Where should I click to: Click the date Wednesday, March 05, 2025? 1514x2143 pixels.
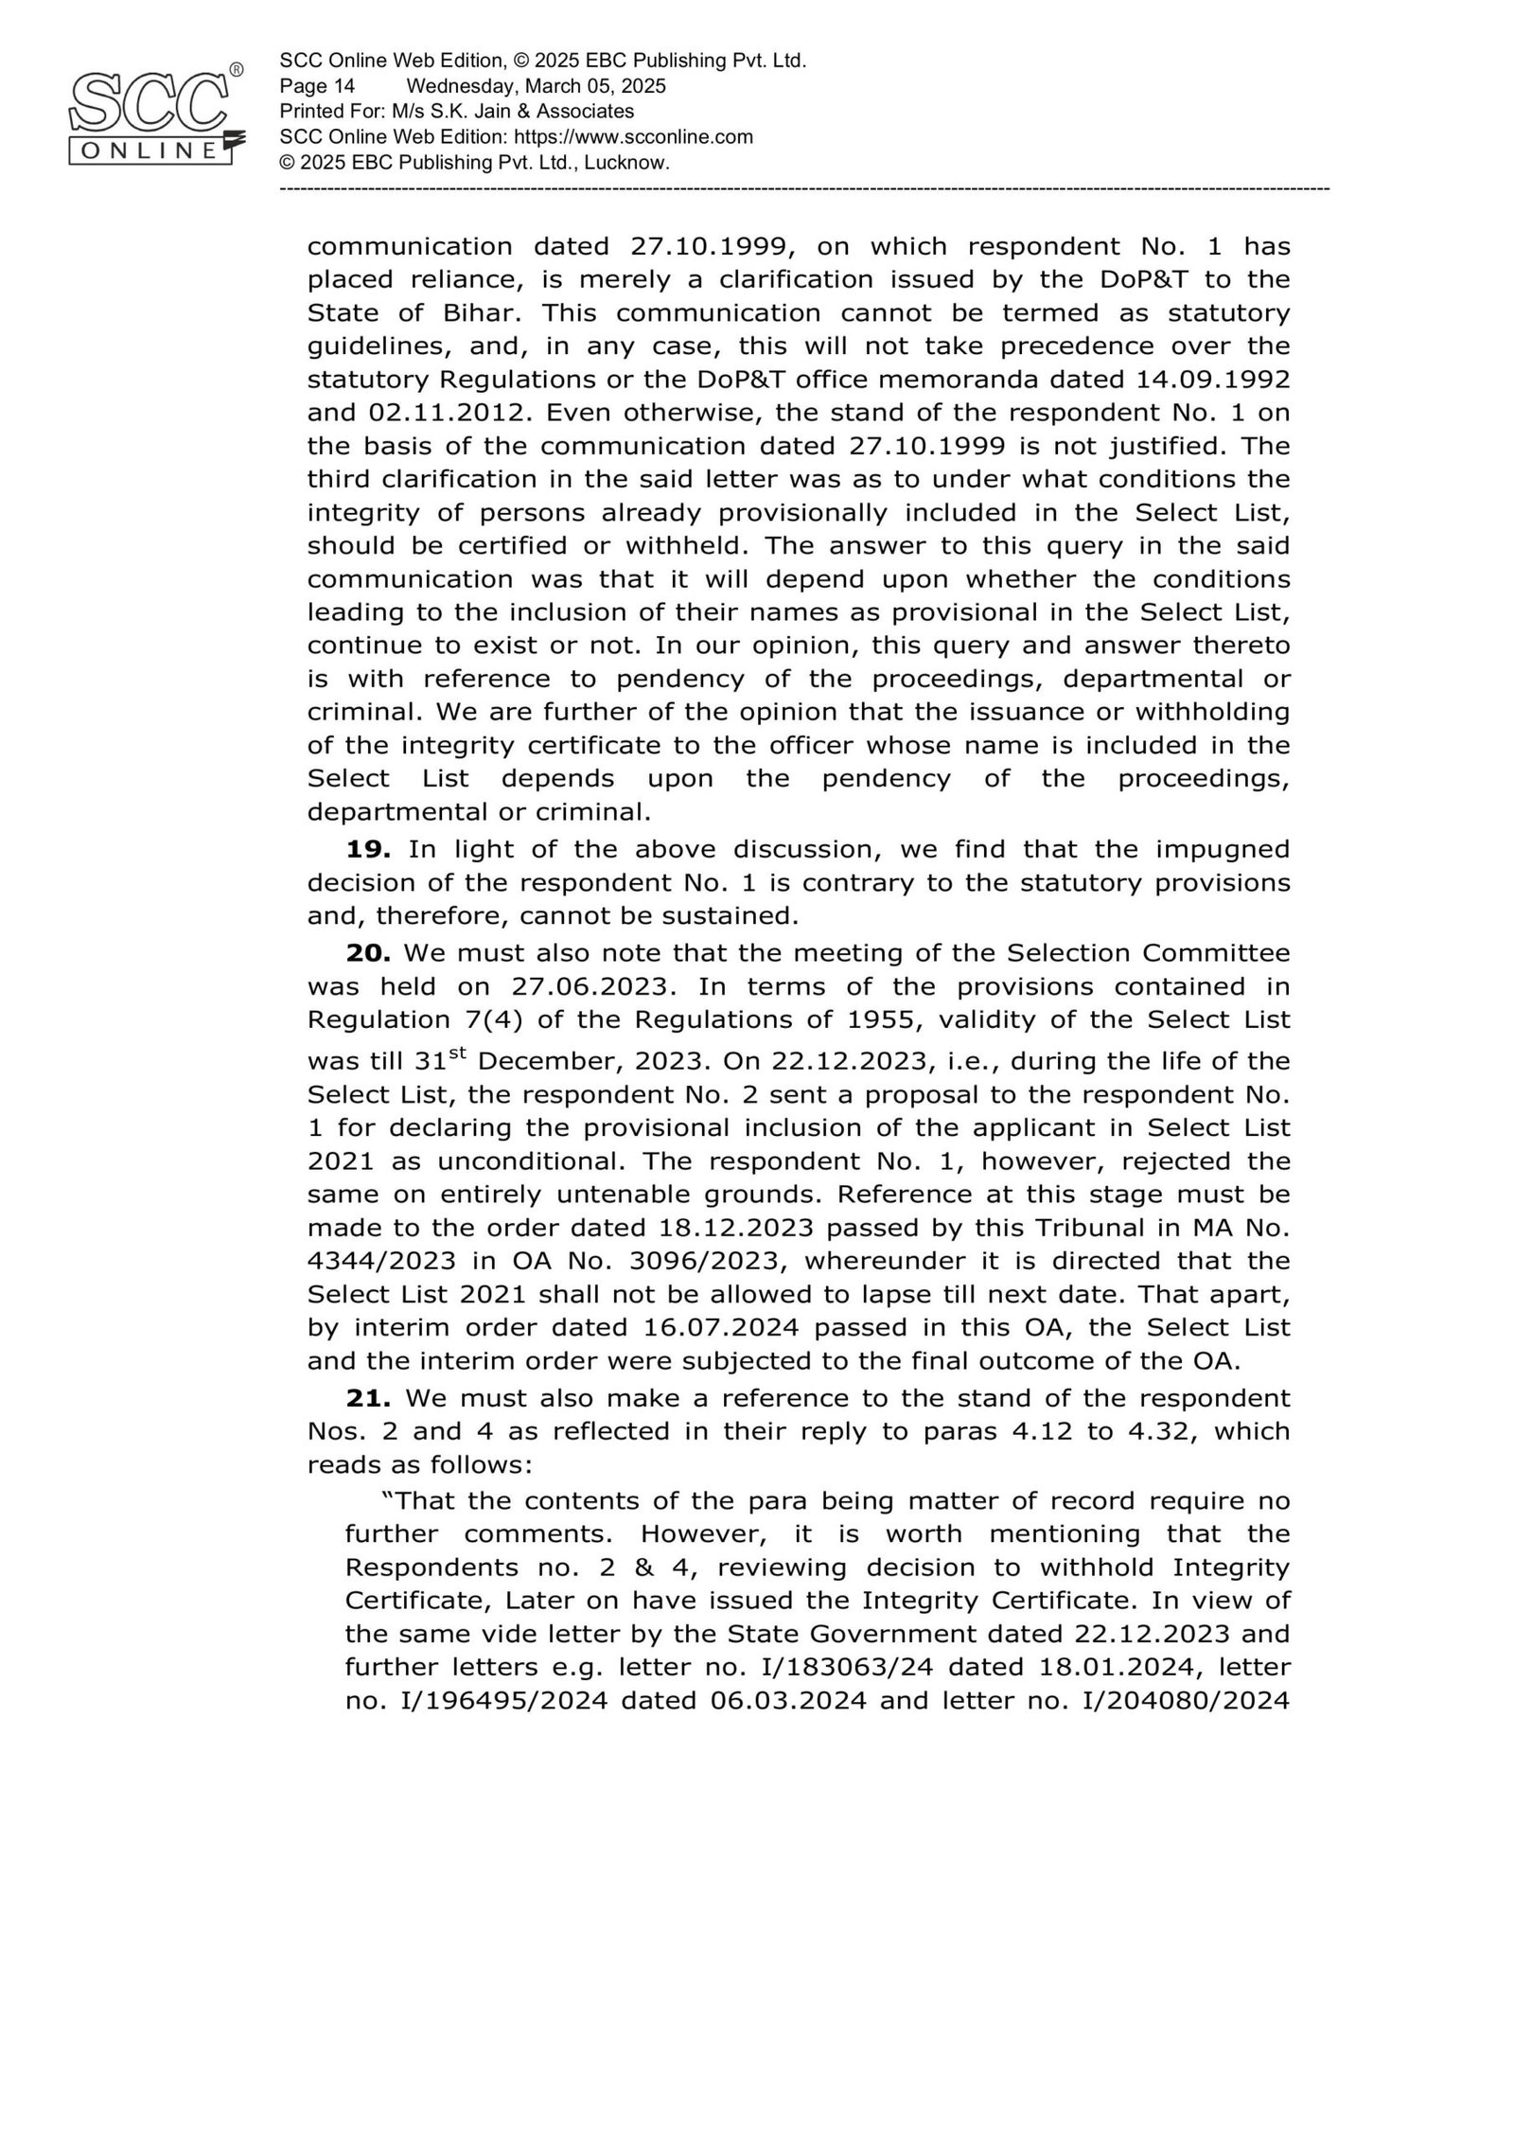[537, 86]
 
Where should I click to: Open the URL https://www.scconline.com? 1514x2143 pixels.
[633, 136]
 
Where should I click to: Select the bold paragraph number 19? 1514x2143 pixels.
[369, 849]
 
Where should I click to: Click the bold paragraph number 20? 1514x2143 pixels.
[369, 952]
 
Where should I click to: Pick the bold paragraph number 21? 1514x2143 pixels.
[369, 1397]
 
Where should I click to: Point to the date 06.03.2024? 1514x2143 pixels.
[787, 1700]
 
